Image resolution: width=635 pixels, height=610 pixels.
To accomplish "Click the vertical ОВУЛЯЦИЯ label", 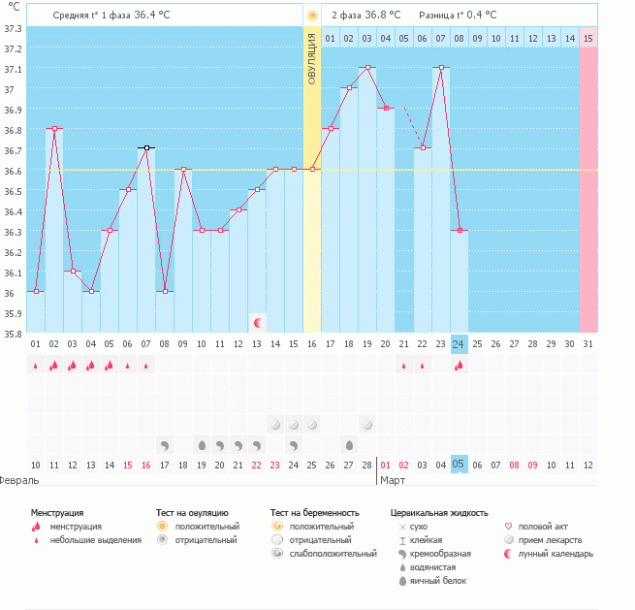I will click(312, 59).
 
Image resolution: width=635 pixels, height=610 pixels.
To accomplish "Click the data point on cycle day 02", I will click(54, 128).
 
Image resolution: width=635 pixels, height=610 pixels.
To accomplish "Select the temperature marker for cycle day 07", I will click(146, 148).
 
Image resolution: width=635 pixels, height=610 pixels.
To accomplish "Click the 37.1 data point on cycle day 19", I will click(367, 68).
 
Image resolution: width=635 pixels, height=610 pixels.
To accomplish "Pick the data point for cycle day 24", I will click(460, 231).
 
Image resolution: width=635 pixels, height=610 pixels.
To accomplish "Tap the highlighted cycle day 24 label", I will click(460, 344).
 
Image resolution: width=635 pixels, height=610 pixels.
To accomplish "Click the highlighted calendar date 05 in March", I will click(460, 465).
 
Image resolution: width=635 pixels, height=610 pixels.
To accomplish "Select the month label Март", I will click(393, 480).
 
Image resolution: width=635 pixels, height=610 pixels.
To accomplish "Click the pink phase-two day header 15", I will click(588, 39).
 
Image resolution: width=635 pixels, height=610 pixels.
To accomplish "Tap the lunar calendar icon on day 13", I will click(257, 322).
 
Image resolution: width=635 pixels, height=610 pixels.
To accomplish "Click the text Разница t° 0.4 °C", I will click(458, 16).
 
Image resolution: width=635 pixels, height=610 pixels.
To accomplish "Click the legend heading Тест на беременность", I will click(315, 512).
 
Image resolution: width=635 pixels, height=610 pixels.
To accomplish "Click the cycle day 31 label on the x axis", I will click(588, 344).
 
